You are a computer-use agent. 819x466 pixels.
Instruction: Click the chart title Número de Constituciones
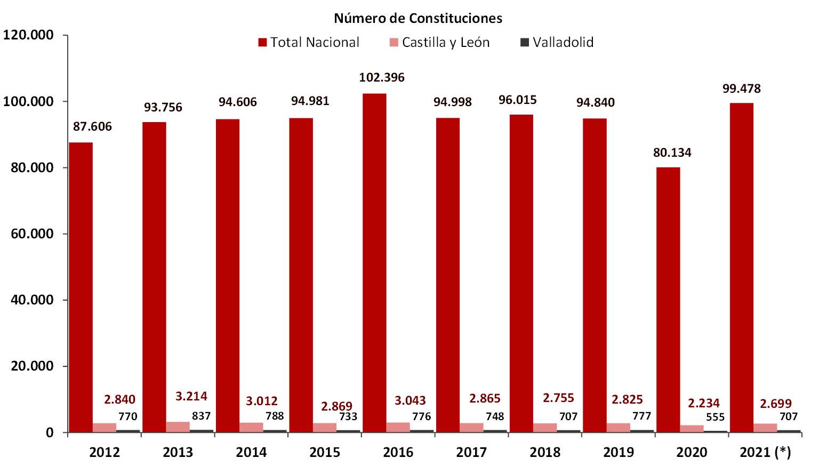(x=418, y=18)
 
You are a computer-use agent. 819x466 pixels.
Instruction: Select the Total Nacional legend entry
(x=309, y=42)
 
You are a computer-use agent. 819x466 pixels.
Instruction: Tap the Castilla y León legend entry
(x=440, y=42)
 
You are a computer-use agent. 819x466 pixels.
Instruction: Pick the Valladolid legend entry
(x=557, y=42)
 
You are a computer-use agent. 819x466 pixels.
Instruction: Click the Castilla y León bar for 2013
(x=178, y=427)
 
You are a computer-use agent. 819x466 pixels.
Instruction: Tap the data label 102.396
(x=382, y=77)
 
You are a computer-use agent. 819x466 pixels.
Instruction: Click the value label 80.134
(x=672, y=152)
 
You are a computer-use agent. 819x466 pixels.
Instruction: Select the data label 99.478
(x=741, y=89)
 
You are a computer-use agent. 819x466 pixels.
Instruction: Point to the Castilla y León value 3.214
(x=191, y=396)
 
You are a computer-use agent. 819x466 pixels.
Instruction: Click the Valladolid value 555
(x=715, y=417)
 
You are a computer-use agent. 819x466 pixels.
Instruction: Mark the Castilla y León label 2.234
(x=703, y=403)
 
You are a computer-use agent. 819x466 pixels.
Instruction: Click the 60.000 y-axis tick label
(x=32, y=234)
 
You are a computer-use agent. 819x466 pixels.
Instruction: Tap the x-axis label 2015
(x=324, y=452)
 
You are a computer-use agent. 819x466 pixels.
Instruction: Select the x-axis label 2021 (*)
(x=765, y=452)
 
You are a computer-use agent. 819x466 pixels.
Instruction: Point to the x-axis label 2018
(x=544, y=452)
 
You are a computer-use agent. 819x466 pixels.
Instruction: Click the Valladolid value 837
(x=201, y=416)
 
